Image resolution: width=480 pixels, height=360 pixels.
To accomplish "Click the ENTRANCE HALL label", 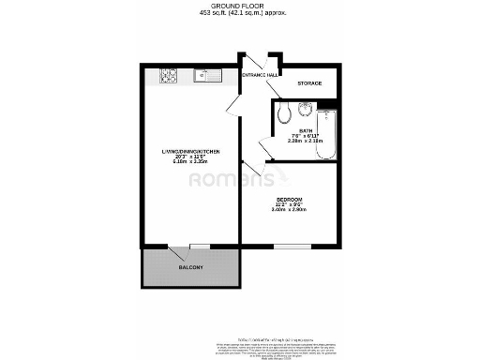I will [260, 74].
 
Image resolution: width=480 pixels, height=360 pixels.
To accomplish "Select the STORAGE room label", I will [309, 83].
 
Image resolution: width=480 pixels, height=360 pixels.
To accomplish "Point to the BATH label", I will [306, 130].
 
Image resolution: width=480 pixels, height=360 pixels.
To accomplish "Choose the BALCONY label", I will [190, 268].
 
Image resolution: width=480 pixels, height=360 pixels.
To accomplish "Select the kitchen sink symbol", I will [206, 75].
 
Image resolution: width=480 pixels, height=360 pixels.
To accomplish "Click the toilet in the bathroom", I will [284, 115].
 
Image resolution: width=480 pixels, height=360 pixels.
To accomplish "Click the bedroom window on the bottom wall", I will [287, 246].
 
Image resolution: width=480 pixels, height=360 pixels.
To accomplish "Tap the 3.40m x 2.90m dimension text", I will [289, 210].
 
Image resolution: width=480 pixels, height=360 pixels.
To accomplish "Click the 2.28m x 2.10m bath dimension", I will [306, 142].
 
